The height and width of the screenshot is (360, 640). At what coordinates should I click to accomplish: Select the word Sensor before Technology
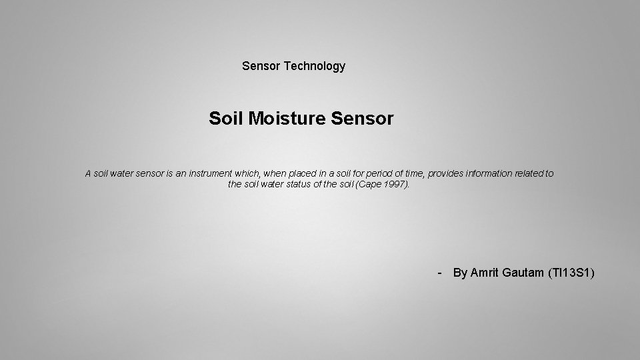pyautogui.click(x=261, y=66)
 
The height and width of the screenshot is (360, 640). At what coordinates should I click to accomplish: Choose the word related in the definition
pyautogui.click(x=531, y=173)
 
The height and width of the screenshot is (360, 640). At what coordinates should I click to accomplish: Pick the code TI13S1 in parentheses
pyautogui.click(x=570, y=273)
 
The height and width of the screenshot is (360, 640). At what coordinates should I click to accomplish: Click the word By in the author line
pyautogui.click(x=460, y=273)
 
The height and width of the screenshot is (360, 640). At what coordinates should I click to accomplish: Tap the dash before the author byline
pyautogui.click(x=439, y=273)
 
